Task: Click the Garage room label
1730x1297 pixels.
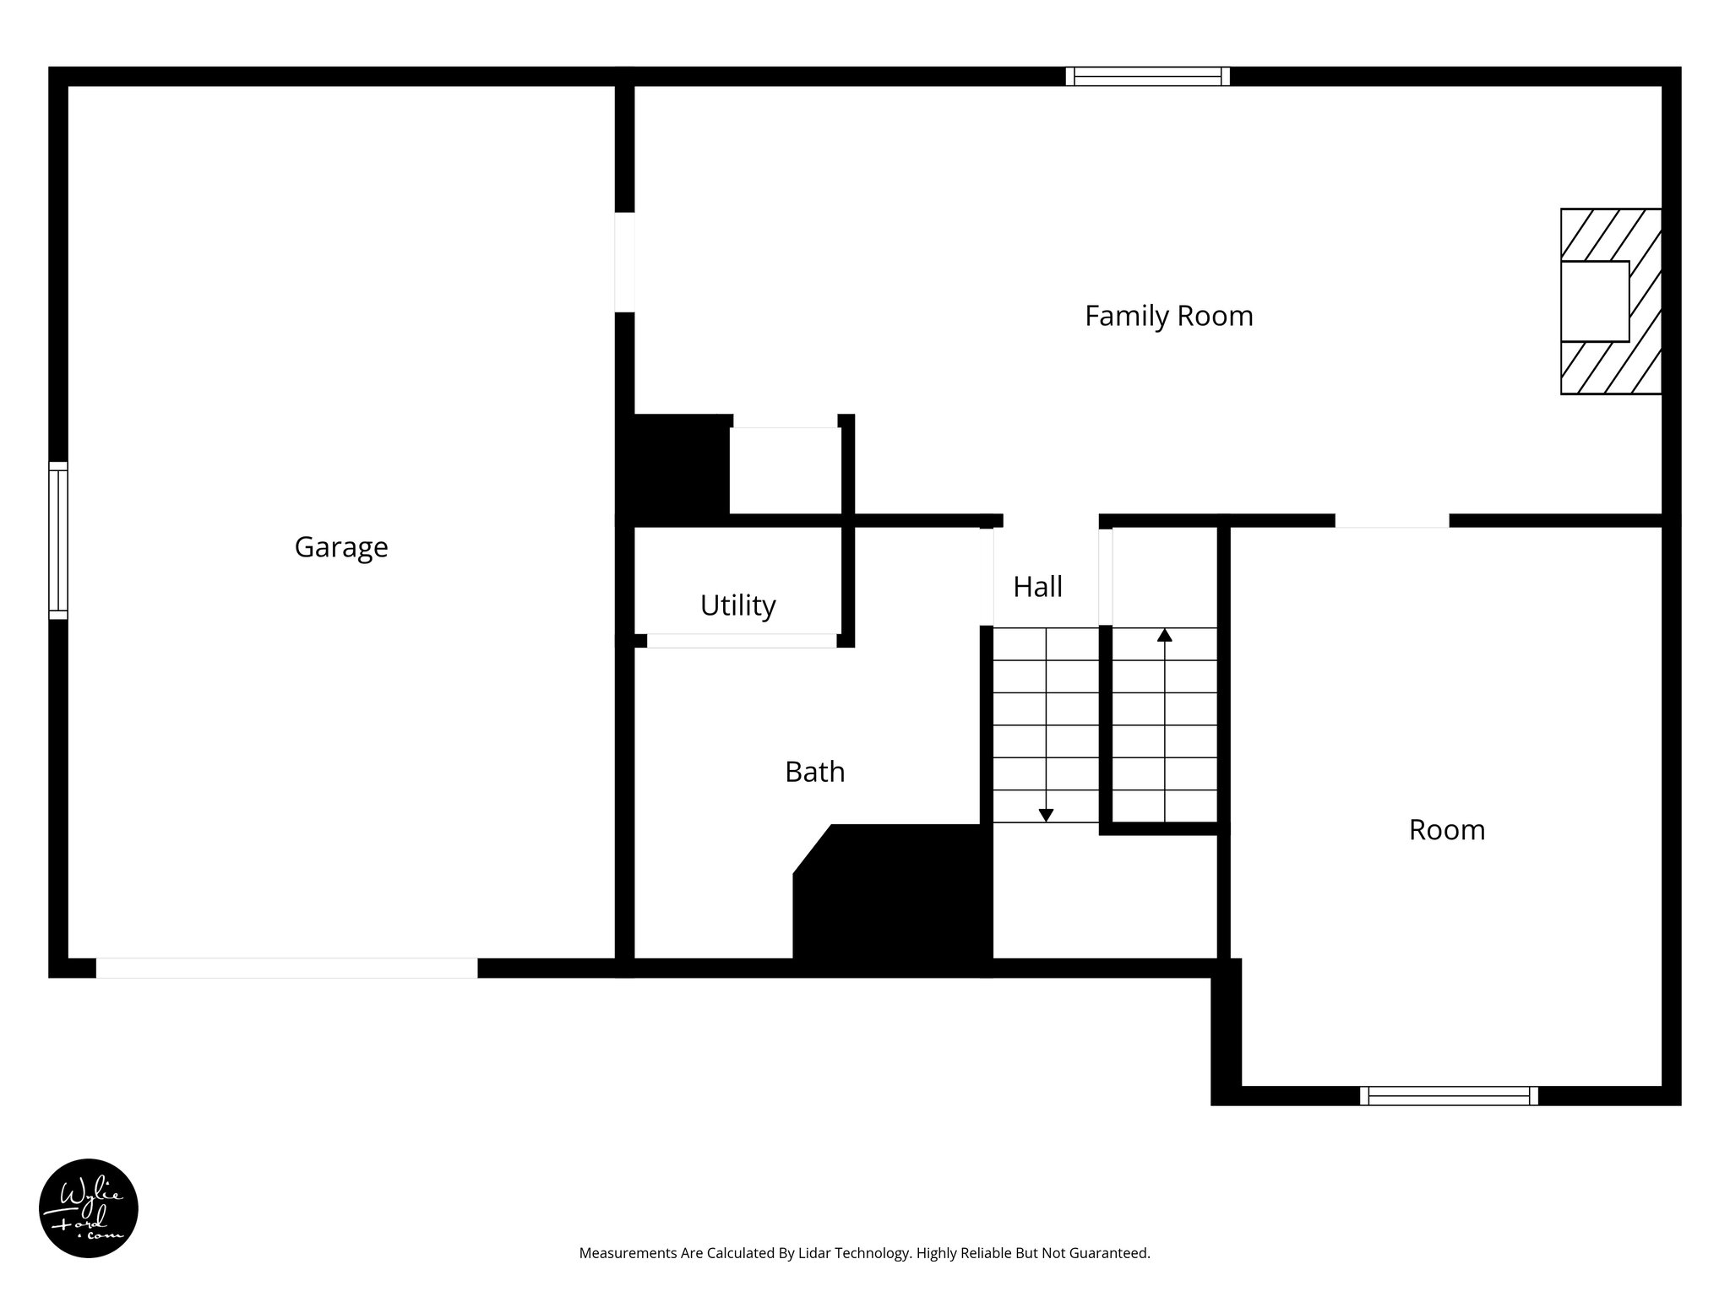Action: coord(341,547)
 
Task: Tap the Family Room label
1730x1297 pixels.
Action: coord(1168,316)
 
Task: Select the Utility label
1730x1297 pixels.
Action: coord(737,605)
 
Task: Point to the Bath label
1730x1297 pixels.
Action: coord(814,772)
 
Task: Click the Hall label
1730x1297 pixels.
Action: coord(1037,587)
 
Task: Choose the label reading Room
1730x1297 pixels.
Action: coord(1446,830)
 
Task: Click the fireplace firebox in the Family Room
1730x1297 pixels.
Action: coord(1594,301)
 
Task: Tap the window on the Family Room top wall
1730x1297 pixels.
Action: coord(1147,77)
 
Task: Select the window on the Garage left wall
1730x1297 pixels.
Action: coord(57,540)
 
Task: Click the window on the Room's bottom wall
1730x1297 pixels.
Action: coord(1449,1095)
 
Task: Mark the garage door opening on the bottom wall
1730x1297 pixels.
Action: coord(286,968)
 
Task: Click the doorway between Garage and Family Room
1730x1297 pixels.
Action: coord(624,262)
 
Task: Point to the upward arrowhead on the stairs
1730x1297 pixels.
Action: coord(1164,635)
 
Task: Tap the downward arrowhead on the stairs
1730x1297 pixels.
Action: coord(1046,815)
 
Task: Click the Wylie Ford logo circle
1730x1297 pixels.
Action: coord(89,1208)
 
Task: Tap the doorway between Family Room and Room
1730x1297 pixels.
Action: coord(1391,521)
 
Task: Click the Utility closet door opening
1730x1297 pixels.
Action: coord(741,641)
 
